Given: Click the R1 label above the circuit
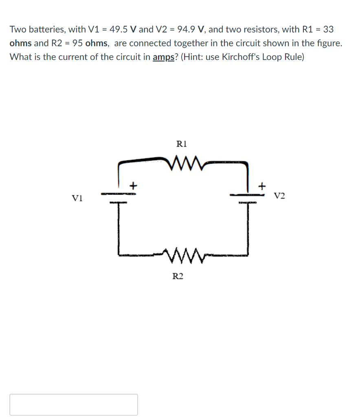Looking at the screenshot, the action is pos(181,144).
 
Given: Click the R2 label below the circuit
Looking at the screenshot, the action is pos(178,277).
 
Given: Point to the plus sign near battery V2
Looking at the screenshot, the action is pos(262,186).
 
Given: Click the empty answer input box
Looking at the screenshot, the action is pos(74,404).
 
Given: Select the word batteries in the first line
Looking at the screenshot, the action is pos(45,29).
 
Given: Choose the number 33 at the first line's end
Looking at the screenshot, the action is pos(328,29).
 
